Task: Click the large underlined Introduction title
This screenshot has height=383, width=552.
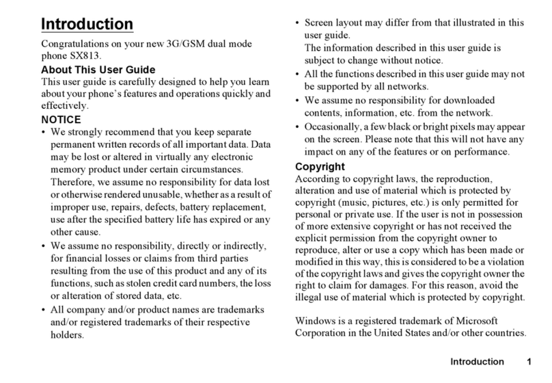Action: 87,25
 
